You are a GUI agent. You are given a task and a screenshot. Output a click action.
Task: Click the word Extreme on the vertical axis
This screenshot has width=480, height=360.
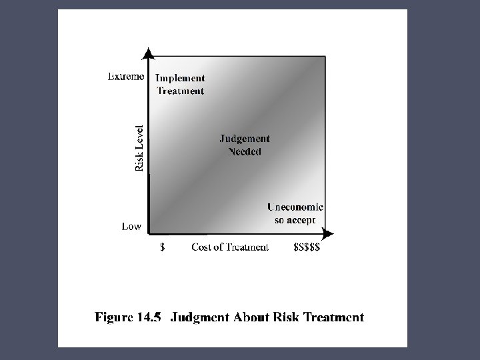pyautogui.click(x=126, y=77)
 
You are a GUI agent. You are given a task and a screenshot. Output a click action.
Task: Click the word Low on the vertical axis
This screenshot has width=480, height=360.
pyautogui.click(x=131, y=226)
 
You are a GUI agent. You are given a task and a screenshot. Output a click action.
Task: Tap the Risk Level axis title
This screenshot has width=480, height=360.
pyautogui.click(x=139, y=148)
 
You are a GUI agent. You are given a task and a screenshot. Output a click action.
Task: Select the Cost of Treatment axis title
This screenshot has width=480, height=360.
pyautogui.click(x=230, y=247)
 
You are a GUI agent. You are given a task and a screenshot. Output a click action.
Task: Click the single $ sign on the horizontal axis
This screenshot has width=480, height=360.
pyautogui.click(x=161, y=247)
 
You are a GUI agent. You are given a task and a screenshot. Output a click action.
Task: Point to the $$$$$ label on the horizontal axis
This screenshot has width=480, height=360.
pyautogui.click(x=307, y=247)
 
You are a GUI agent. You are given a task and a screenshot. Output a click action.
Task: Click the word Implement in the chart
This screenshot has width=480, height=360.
pyautogui.click(x=180, y=78)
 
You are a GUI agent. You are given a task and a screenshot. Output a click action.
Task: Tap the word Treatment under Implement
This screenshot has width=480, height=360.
pyautogui.click(x=180, y=91)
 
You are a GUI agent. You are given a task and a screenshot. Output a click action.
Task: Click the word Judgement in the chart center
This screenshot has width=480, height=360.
pyautogui.click(x=245, y=139)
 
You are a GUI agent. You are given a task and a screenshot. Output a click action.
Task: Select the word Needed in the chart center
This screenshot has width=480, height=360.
pyautogui.click(x=245, y=151)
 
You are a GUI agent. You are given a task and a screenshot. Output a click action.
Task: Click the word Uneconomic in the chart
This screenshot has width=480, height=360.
pyautogui.click(x=295, y=207)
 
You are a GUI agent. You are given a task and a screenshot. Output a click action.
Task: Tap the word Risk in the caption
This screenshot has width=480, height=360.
pyautogui.click(x=277, y=317)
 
